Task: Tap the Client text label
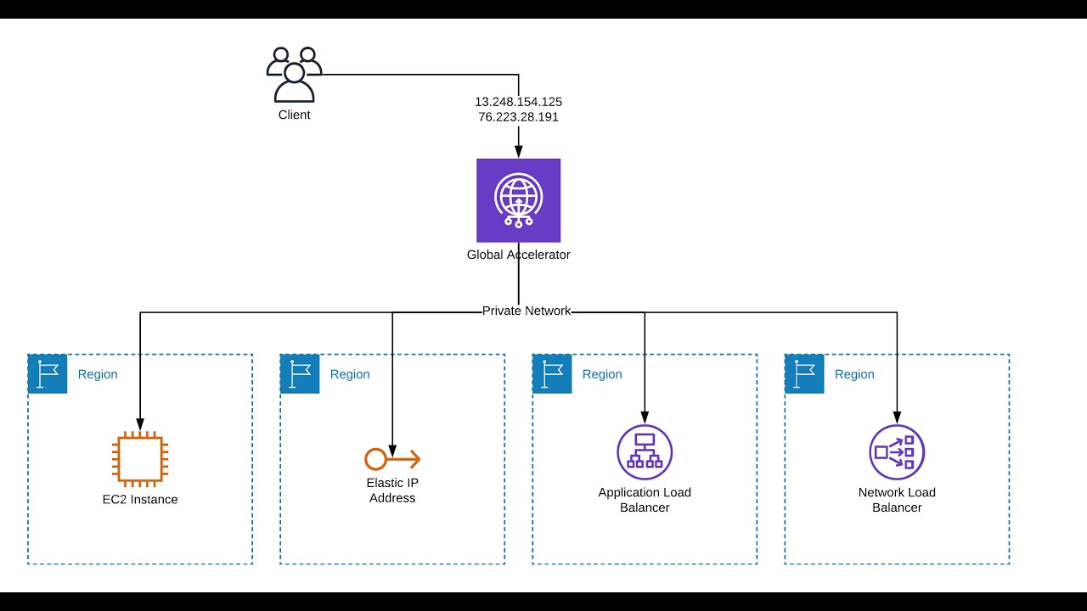[294, 115]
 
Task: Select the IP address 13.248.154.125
[518, 102]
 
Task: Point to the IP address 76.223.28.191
[518, 117]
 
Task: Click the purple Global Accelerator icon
[518, 200]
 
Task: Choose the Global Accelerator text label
[518, 255]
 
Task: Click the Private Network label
[527, 311]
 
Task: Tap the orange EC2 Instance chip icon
[140, 458]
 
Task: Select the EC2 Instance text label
[140, 499]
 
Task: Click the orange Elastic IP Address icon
[392, 459]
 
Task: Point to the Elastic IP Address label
[392, 490]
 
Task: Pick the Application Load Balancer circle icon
[645, 452]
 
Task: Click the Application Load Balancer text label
[645, 500]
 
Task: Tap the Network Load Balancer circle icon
[897, 452]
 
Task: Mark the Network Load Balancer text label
[897, 500]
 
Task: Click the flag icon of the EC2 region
[48, 374]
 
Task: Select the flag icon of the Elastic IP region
[300, 374]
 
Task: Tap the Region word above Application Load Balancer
[602, 374]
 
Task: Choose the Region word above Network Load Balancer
[854, 374]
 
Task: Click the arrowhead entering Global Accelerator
[518, 152]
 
